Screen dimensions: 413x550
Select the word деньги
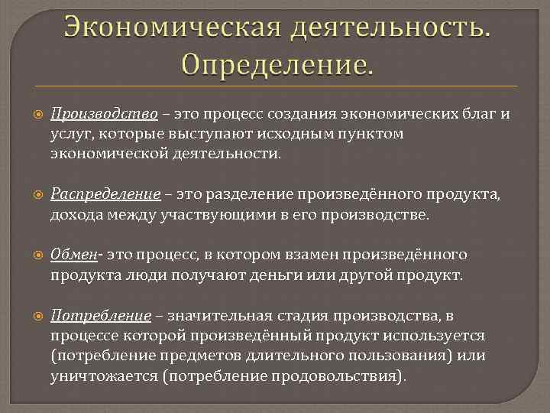(277, 275)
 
